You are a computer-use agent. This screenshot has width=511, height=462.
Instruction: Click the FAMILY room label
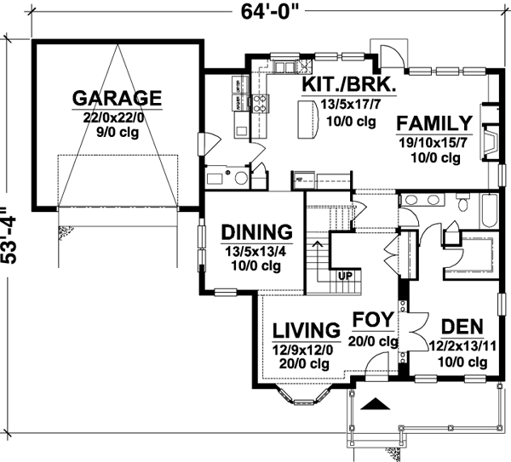[x=433, y=123]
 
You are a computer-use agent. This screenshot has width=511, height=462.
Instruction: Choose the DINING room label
[x=256, y=232]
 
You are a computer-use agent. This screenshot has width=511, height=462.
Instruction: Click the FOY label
[x=373, y=321]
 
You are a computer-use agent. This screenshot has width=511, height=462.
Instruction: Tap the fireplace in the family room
[x=488, y=137]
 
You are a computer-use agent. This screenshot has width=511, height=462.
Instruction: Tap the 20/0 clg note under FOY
[x=375, y=341]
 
